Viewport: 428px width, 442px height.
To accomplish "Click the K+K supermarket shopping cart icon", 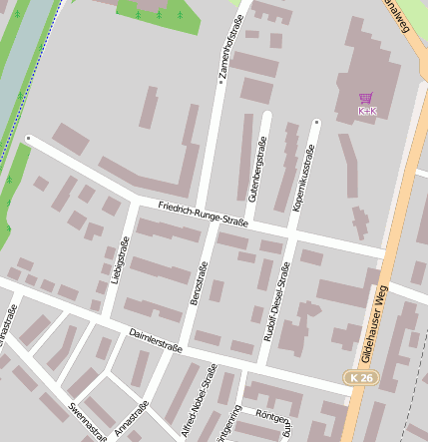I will pyautogui.click(x=366, y=99).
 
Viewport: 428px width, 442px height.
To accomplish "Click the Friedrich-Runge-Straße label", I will pyautogui.click(x=203, y=213).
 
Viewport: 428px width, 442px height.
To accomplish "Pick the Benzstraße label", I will pyautogui.click(x=198, y=283).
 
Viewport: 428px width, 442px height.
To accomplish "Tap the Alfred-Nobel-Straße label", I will pyautogui.click(x=197, y=401).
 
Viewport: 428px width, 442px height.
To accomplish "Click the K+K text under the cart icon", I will pyautogui.click(x=366, y=111).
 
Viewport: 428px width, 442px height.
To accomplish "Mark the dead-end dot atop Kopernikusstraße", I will pyautogui.click(x=316, y=123).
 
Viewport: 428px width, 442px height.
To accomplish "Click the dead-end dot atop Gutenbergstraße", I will pyautogui.click(x=268, y=114).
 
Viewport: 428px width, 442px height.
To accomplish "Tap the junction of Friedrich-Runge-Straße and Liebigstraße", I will pyautogui.click(x=133, y=201).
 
